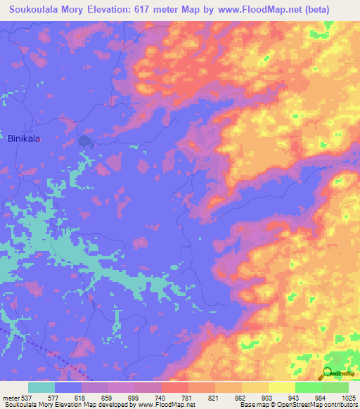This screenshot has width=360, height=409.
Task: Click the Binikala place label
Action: coord(23,139)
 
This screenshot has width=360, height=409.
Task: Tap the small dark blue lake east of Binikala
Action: coord(86,142)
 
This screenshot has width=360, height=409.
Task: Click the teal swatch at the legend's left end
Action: coord(41,387)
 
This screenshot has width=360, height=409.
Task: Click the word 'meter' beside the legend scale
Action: coord(9,397)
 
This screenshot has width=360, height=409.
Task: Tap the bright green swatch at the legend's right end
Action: coord(335,387)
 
